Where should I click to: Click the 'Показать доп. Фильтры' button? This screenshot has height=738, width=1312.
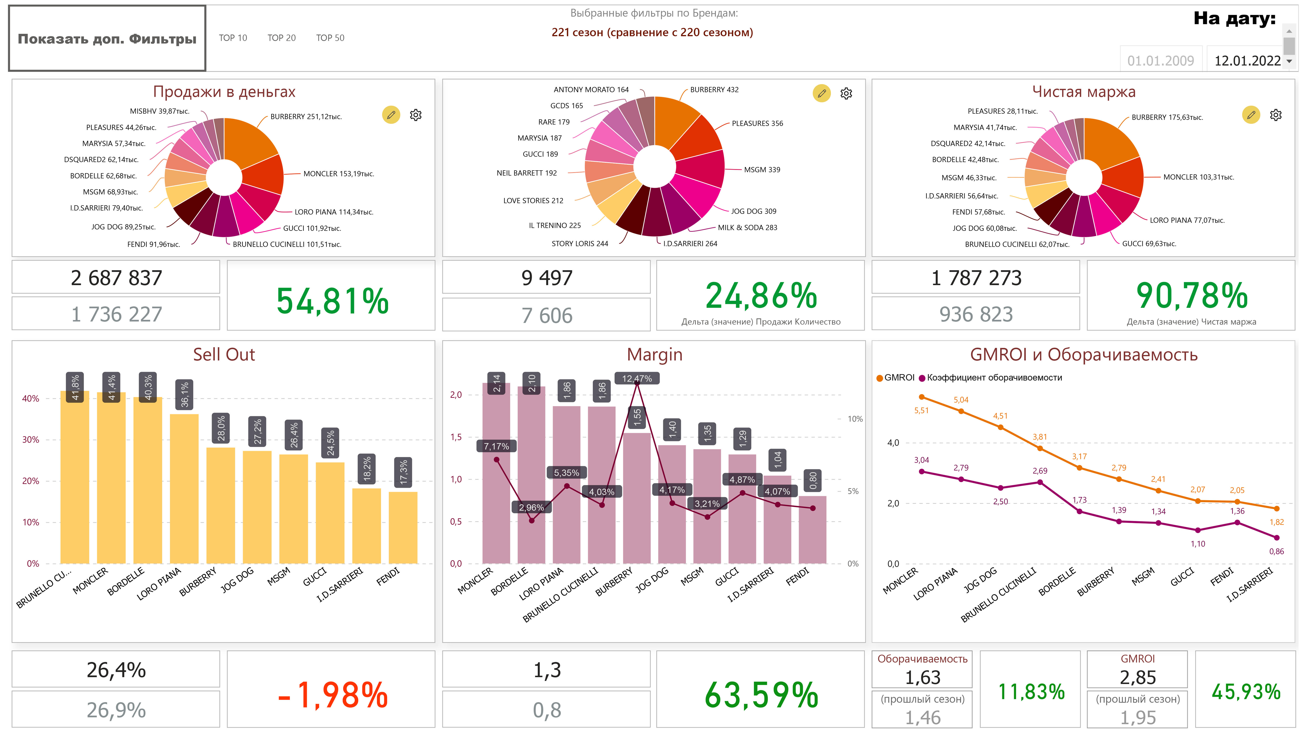point(107,39)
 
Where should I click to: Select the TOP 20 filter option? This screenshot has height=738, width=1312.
point(281,38)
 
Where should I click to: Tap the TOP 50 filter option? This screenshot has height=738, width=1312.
point(330,38)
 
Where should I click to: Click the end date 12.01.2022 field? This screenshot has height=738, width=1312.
point(1247,61)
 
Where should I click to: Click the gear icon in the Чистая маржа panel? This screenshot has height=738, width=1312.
point(1275,115)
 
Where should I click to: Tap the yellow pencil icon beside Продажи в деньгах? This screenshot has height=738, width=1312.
point(391,115)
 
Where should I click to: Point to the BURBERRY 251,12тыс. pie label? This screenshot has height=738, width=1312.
point(306,117)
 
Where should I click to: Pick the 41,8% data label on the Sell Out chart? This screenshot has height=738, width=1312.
point(75,387)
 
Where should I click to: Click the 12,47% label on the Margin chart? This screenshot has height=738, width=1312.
point(637,379)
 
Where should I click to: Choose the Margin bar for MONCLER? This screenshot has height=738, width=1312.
point(496,474)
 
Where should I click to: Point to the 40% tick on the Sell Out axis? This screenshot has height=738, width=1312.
point(31,398)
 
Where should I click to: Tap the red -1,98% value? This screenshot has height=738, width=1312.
point(332,695)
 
